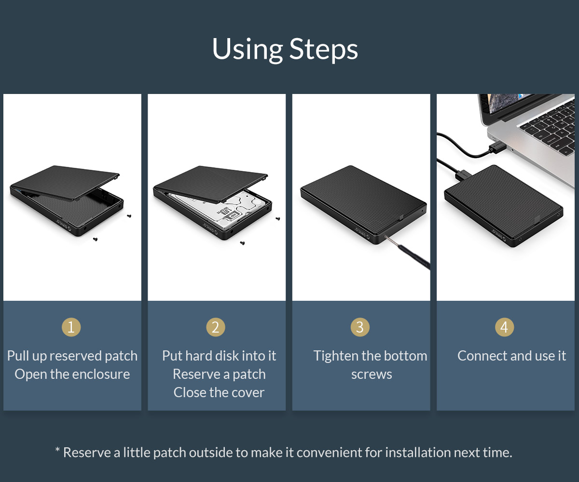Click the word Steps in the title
point(323,49)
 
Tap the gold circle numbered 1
point(71,327)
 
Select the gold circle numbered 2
point(216,327)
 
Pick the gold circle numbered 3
point(360,327)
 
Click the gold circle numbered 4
point(504,327)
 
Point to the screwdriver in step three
point(408,252)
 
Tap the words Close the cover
point(219,392)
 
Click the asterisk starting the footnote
point(57,450)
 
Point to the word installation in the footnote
point(418,453)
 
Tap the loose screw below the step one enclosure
point(95,239)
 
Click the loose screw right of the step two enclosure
point(277,219)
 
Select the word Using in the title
point(248,49)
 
